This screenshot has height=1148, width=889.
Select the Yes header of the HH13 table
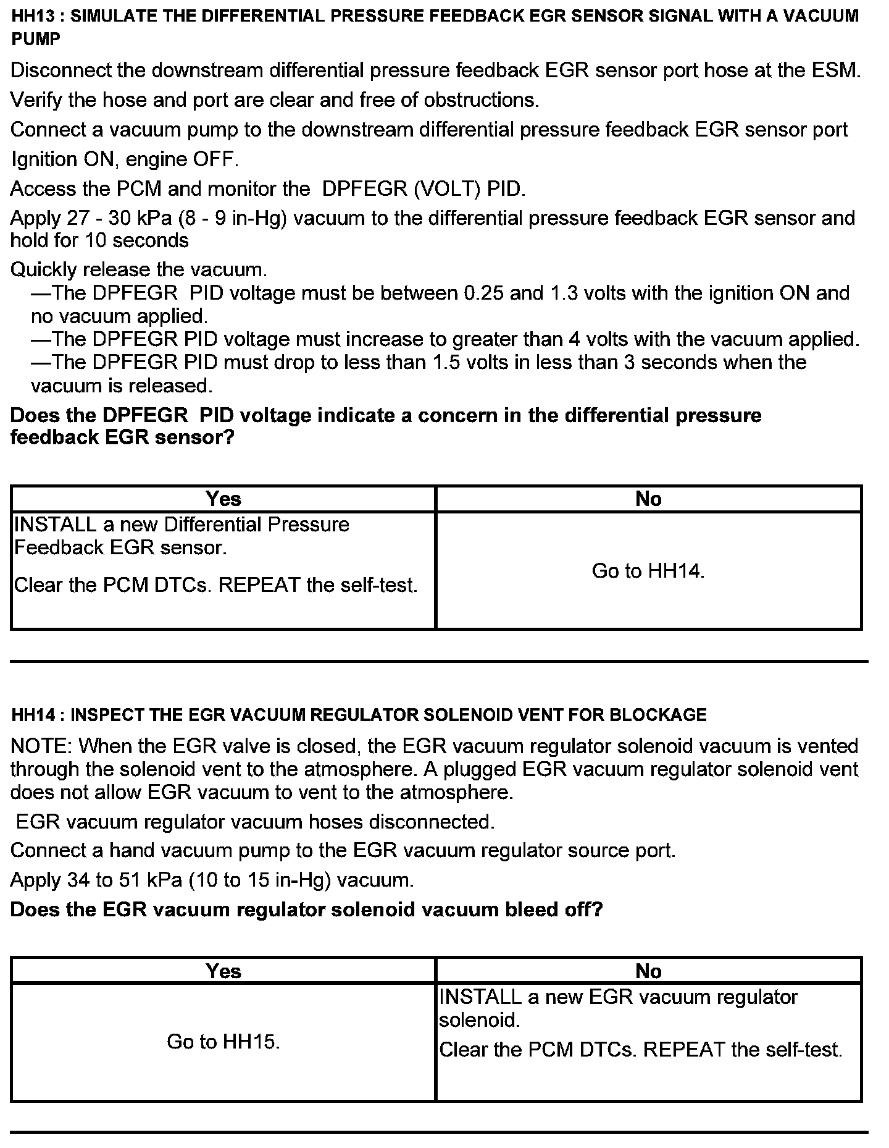coord(223,499)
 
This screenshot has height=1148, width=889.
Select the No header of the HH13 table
coord(648,499)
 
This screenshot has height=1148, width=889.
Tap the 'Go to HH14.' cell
coord(648,570)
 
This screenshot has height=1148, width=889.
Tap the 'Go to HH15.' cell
coord(223,1042)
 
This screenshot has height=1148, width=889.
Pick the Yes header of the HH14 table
coord(223,971)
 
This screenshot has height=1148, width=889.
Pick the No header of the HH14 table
coord(648,971)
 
